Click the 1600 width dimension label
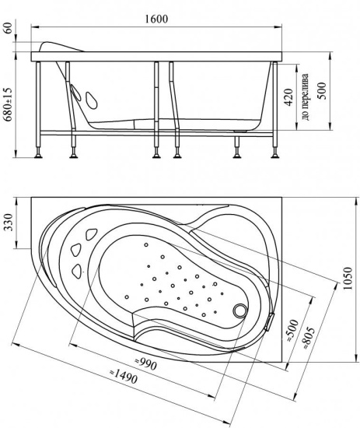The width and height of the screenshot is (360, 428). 156,19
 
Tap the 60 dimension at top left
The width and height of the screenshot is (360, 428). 9,28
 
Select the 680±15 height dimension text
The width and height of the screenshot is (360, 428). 9,104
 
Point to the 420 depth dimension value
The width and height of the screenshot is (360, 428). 288,97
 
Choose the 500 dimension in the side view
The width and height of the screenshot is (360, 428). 322,91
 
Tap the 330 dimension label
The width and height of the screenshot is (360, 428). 9,223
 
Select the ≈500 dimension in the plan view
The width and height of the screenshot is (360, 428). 293,331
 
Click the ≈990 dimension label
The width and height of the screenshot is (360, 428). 146,364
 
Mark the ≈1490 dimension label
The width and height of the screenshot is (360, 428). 124,377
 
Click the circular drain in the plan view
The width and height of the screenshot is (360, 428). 240,310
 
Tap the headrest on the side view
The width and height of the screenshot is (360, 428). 61,47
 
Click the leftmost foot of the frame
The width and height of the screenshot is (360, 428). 38,156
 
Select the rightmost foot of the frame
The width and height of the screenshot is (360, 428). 275,156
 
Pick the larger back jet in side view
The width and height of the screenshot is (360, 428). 92,100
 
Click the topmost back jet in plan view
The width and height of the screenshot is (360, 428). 91,234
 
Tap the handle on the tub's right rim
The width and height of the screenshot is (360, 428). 269,321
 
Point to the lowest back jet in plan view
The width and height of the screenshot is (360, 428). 77,271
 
